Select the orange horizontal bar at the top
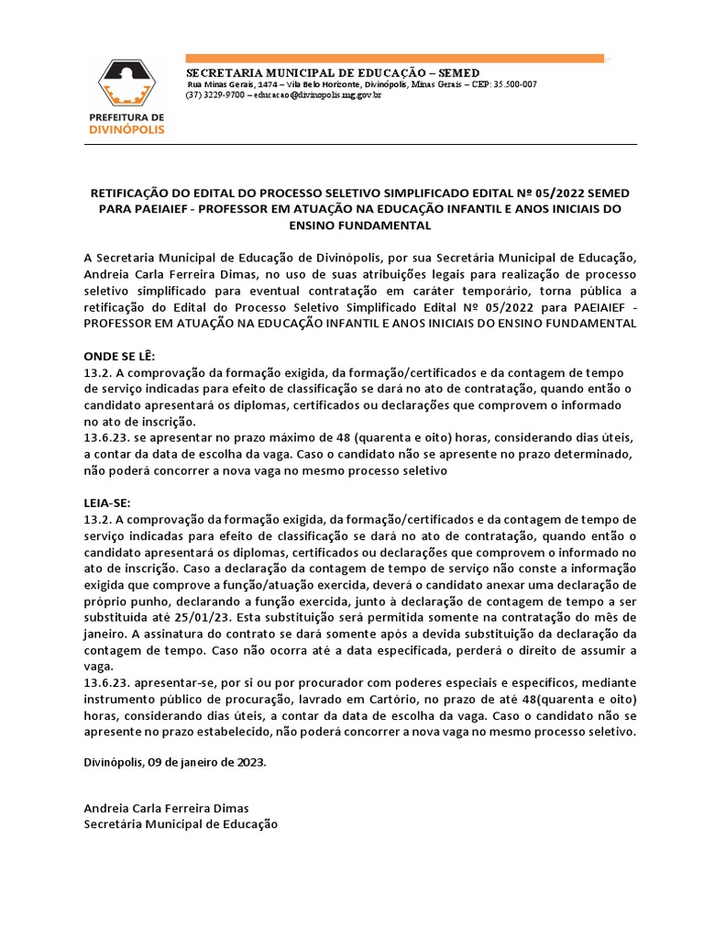point(394,59)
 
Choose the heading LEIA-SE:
point(107,503)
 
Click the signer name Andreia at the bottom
point(108,808)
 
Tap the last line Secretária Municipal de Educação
point(180,823)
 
